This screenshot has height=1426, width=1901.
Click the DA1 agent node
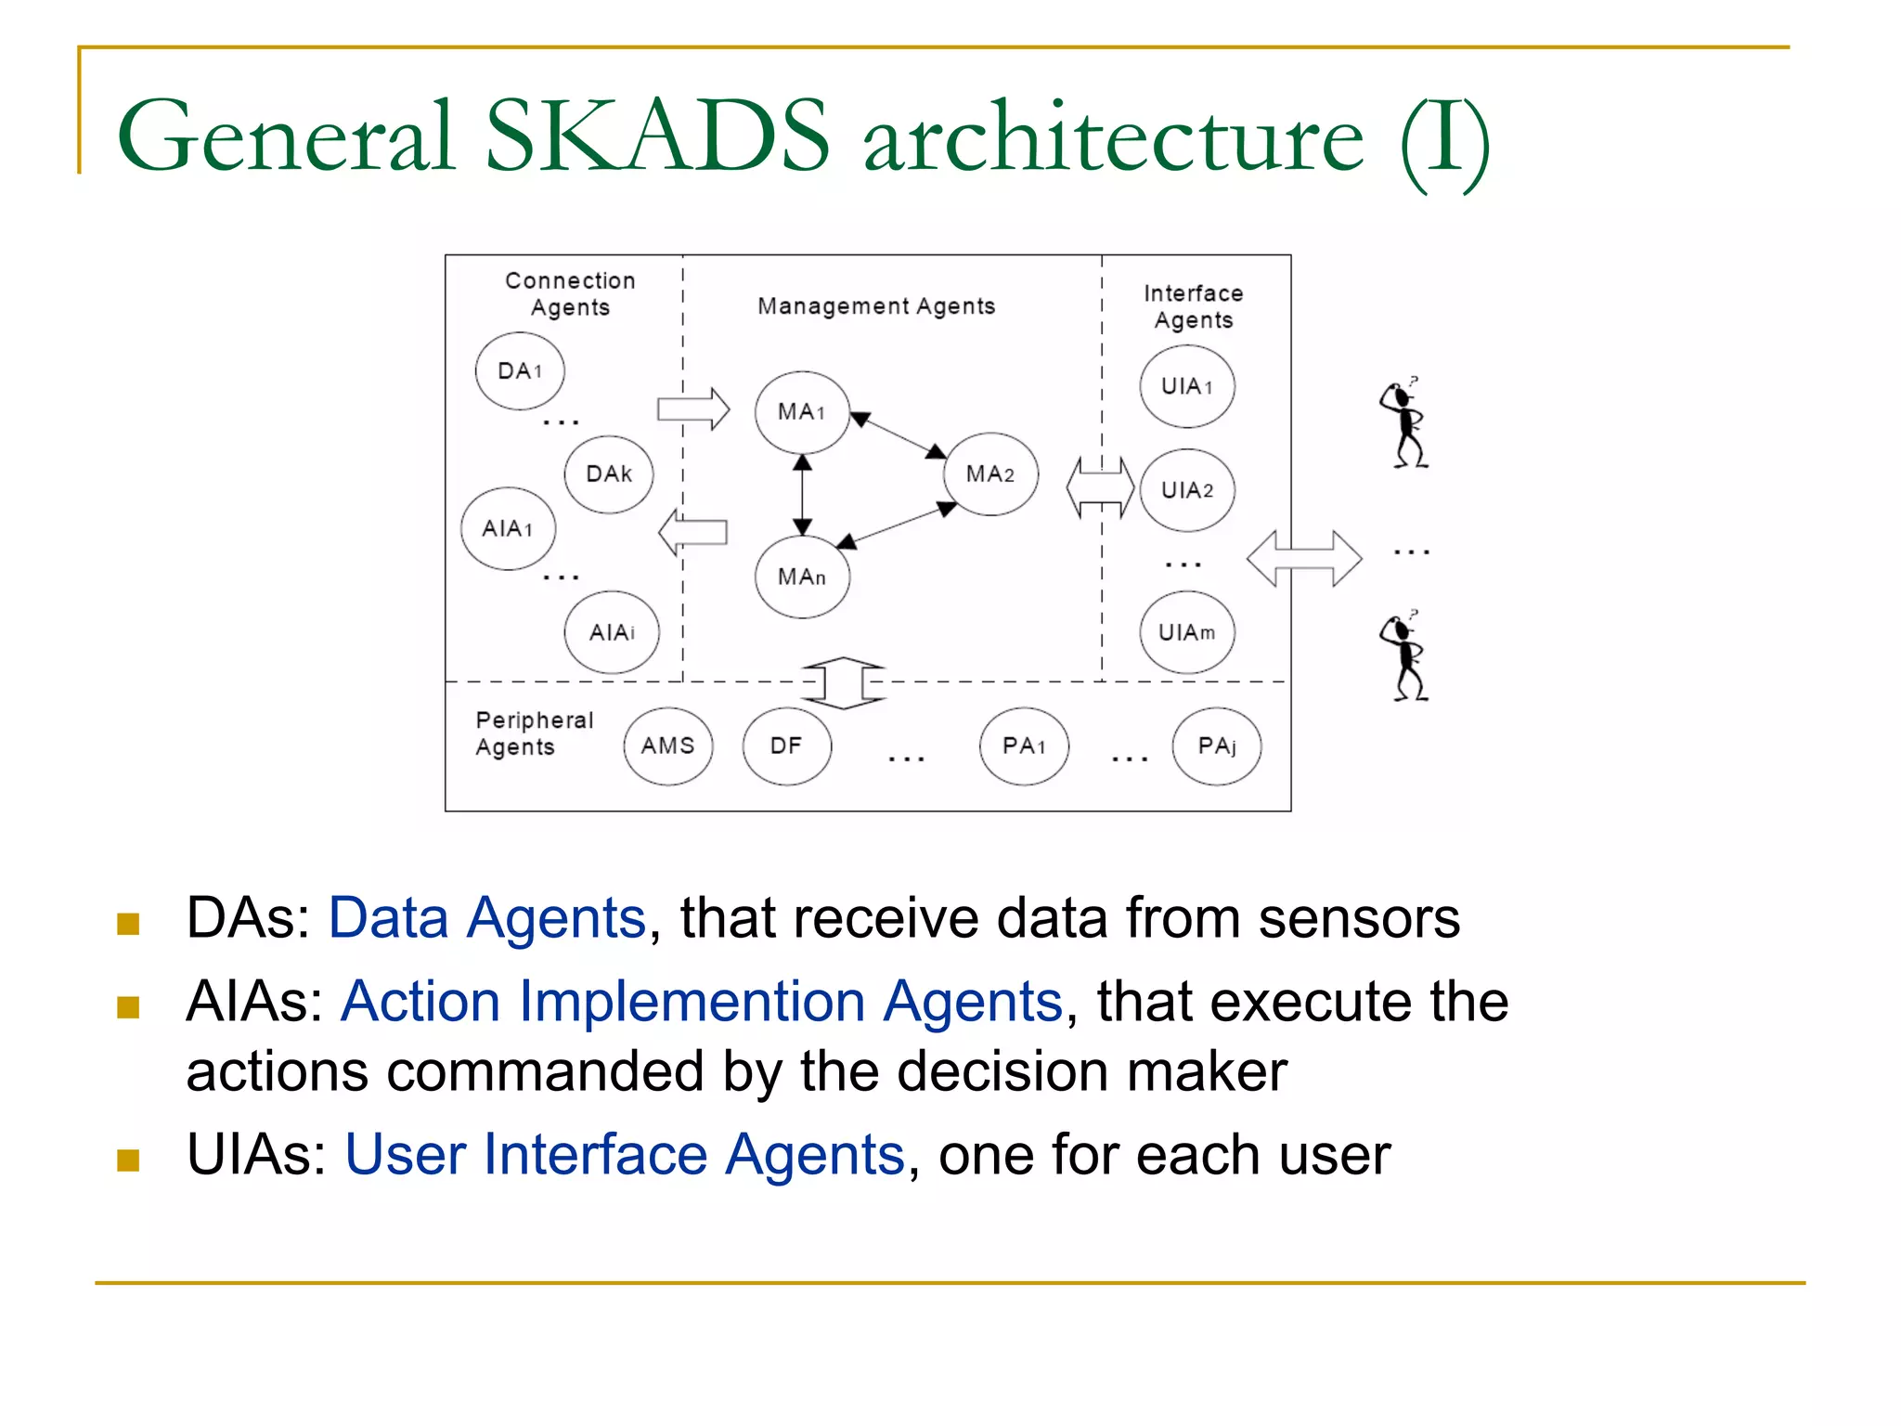[x=520, y=370]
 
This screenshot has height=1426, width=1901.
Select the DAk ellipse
[x=609, y=474]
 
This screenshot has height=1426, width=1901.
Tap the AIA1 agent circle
[x=508, y=528]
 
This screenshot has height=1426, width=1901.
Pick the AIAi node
[x=612, y=632]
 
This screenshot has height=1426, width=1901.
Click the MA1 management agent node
[x=802, y=412]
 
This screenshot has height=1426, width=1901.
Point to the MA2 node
[x=990, y=474]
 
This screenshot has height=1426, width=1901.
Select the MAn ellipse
[x=802, y=577]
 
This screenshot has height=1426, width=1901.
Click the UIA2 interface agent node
[x=1187, y=490]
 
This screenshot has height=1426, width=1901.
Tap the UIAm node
[x=1187, y=633]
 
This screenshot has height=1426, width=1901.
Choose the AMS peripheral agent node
[x=668, y=746]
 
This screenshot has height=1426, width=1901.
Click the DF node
[x=786, y=746]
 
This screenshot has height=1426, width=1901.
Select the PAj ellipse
[x=1217, y=746]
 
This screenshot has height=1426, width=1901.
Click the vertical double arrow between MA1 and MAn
[x=803, y=495]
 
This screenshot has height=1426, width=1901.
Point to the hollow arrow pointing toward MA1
[x=693, y=408]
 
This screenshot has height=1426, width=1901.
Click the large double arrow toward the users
[x=1304, y=558]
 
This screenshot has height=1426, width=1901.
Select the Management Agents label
[x=876, y=306]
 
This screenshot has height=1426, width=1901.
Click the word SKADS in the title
[x=657, y=137]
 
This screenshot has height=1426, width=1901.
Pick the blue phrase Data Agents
[x=487, y=918]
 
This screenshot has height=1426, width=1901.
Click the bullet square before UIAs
[x=128, y=1160]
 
